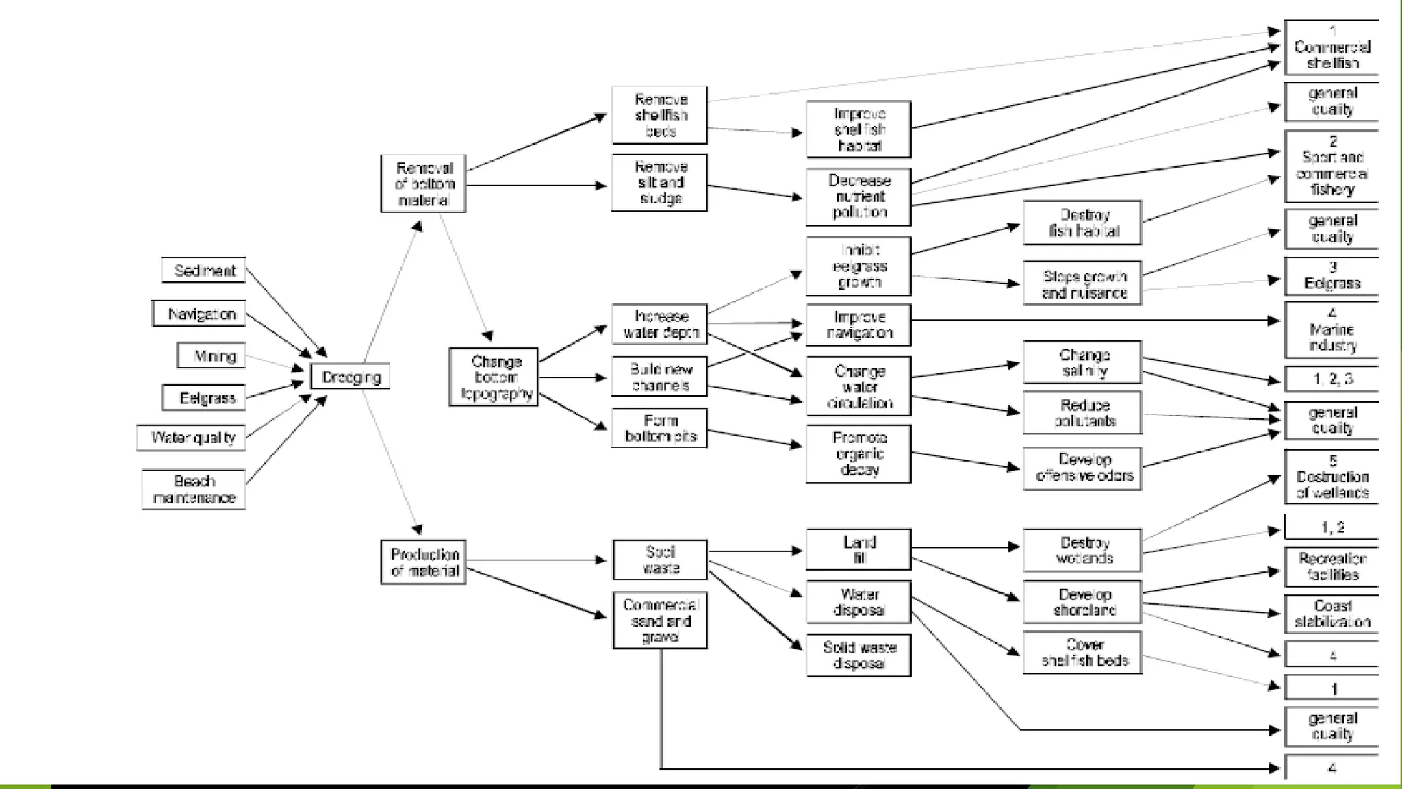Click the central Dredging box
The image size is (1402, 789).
(x=350, y=377)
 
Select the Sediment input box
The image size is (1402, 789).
(x=203, y=270)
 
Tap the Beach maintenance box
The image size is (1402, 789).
(x=194, y=489)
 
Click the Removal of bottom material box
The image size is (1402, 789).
(x=423, y=184)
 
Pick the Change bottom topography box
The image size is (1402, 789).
(x=494, y=377)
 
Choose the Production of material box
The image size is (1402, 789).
(x=423, y=562)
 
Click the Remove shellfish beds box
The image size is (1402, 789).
(x=659, y=115)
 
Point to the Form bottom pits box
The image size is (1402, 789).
(x=659, y=428)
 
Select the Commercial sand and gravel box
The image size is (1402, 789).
(x=660, y=620)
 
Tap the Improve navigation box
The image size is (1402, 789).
(x=858, y=325)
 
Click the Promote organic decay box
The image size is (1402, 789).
(x=858, y=453)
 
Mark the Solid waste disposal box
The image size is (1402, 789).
(x=858, y=655)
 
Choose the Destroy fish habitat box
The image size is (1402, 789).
(x=1082, y=223)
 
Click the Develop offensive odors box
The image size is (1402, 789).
(x=1082, y=468)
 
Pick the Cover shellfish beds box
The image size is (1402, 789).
(x=1082, y=652)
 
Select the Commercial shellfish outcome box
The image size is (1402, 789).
(x=1331, y=48)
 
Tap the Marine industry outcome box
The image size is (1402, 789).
(x=1331, y=330)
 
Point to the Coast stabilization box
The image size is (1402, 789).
(x=1331, y=613)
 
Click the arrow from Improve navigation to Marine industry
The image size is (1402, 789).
(x=1095, y=320)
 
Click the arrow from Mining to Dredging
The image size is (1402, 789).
(x=274, y=362)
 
